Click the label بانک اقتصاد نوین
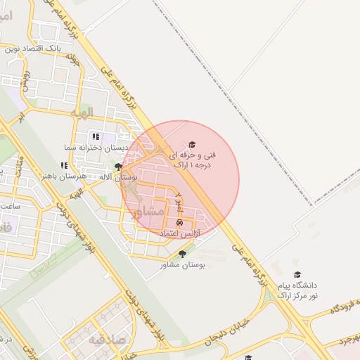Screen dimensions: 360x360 coord(34,48)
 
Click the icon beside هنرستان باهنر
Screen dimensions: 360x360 coord(64,165)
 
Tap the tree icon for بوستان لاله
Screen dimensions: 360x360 coord(118,167)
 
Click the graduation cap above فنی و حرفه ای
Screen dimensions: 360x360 coord(193,143)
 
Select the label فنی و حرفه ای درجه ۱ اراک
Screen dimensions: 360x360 coord(193,159)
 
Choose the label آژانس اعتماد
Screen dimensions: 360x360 coord(181,233)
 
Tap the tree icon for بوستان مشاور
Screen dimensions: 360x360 coord(183,254)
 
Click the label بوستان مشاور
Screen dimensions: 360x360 coord(181,264)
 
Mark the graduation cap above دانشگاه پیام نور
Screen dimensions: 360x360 coord(297,275)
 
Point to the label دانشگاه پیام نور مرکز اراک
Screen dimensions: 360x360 coord(297,291)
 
